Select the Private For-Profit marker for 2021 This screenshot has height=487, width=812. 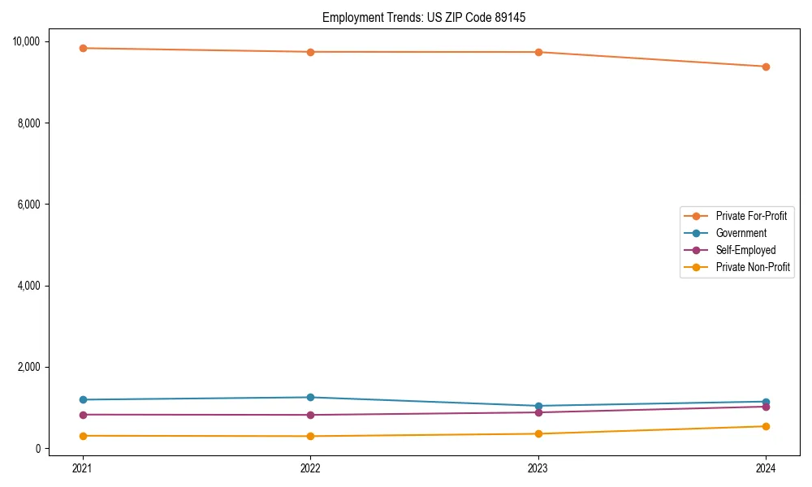[x=82, y=48]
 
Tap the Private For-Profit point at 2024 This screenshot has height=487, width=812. [x=766, y=67]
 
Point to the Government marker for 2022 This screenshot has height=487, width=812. [x=310, y=397]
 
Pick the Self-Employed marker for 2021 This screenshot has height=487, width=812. [x=82, y=415]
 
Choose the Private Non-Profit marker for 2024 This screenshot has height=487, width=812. [x=766, y=426]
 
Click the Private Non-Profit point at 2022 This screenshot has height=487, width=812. [x=310, y=436]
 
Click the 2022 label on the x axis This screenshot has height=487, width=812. [x=310, y=468]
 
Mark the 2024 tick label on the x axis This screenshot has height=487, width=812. [x=766, y=468]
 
